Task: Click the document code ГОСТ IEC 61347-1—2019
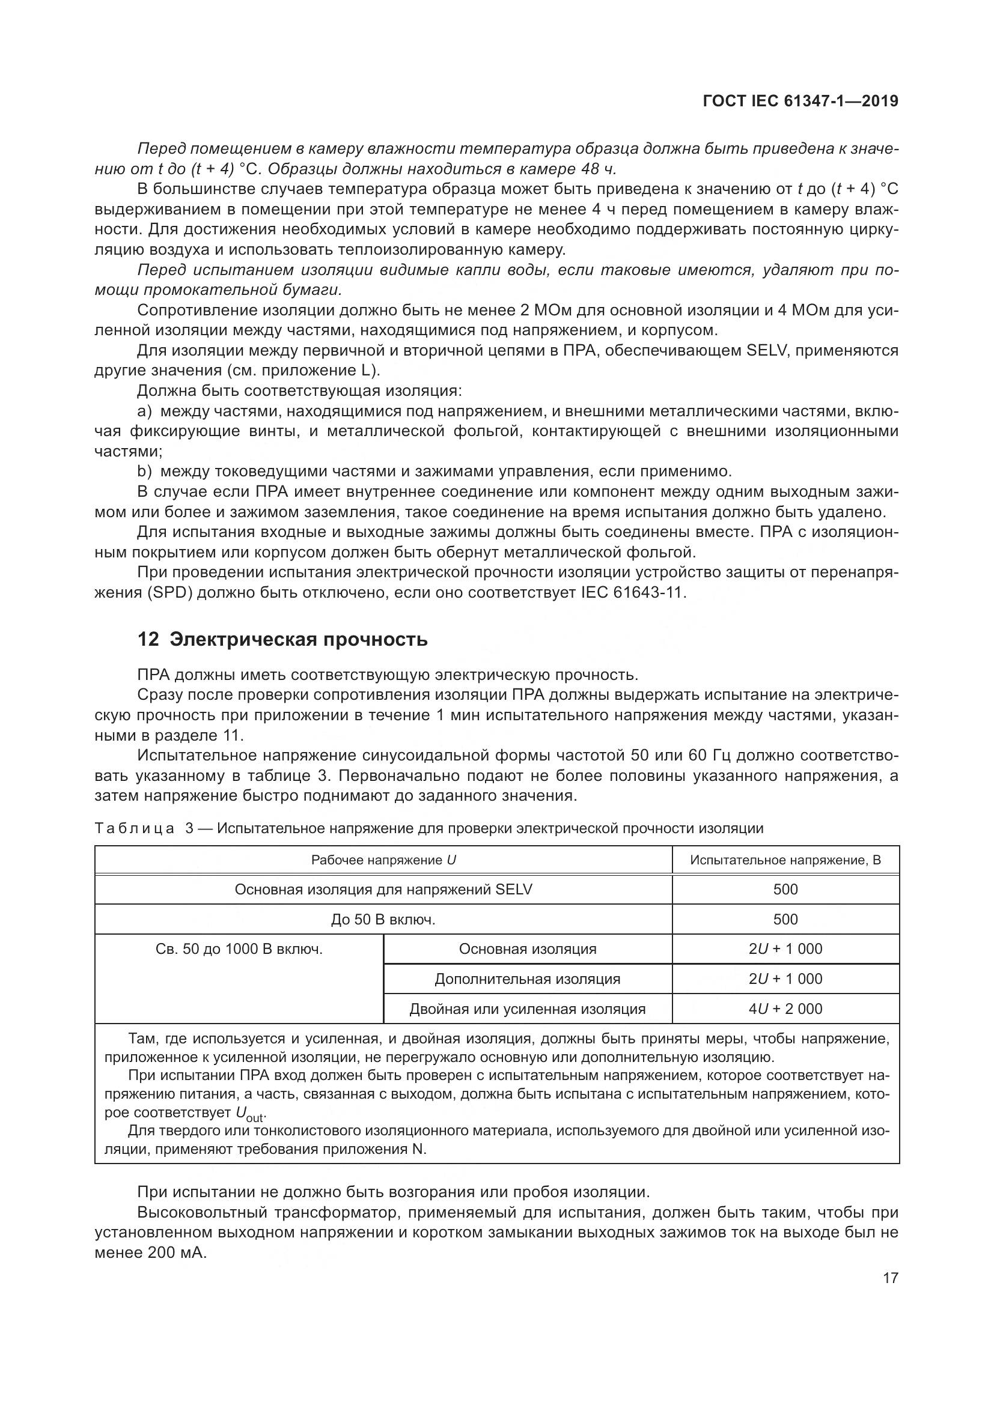[800, 101]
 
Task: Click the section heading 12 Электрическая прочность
[282, 640]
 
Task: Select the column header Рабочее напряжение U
[383, 860]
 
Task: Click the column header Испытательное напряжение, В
[785, 860]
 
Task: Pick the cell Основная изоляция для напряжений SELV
[383, 889]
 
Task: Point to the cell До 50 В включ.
[383, 919]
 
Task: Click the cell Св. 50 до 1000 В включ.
[239, 949]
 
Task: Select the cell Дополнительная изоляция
[527, 979]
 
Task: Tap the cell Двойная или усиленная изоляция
[527, 1009]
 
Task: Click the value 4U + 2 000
[785, 1009]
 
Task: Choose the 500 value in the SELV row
[785, 889]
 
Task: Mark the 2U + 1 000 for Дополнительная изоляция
[785, 979]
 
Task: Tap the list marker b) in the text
[144, 472]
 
